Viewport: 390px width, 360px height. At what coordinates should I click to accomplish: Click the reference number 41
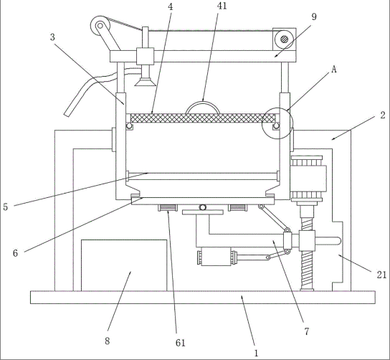222,6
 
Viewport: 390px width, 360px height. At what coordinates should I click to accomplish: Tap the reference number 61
181,343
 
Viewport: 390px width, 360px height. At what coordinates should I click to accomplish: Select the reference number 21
381,275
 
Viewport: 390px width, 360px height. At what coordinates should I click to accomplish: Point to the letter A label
334,70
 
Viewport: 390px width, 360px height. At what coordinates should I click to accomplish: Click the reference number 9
314,16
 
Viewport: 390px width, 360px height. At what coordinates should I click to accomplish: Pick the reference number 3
52,37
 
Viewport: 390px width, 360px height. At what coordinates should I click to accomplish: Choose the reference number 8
108,341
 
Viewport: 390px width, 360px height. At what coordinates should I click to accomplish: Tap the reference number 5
6,207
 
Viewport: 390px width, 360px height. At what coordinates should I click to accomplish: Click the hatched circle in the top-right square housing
285,39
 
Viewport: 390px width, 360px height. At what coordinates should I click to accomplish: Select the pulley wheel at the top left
100,26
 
